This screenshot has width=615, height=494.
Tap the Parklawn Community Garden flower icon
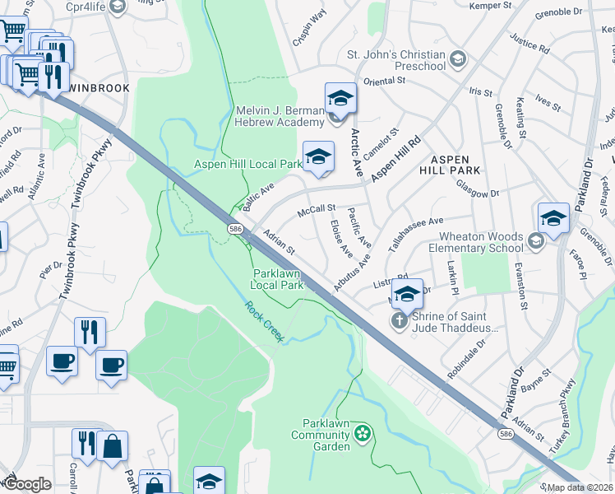pos(362,432)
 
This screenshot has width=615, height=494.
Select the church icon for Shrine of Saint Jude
pos(399,321)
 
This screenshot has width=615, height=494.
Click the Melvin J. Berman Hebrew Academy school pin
pos(340,100)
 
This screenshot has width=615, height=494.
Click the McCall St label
pos(317,211)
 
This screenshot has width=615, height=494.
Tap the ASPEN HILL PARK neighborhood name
pos(450,165)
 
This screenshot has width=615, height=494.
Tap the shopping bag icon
pos(113,447)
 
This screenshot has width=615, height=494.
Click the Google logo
pos(26,483)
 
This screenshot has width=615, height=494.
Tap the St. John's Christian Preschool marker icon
pos(457,60)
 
